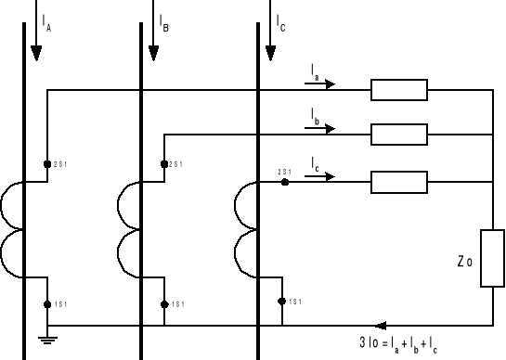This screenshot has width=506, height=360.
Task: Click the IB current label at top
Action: [162, 19]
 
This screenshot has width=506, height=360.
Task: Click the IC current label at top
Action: [279, 19]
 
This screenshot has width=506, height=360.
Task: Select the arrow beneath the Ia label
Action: [319, 84]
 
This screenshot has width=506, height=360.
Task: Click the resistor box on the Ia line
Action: [398, 90]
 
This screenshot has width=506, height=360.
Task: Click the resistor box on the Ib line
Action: [398, 135]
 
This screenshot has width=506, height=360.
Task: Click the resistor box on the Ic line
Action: [398, 181]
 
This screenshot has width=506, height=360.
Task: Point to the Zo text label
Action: [464, 263]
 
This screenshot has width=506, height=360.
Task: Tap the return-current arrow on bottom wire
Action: [381, 326]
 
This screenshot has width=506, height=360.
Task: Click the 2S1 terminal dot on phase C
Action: [284, 182]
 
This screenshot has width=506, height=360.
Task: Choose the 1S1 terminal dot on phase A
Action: [47, 303]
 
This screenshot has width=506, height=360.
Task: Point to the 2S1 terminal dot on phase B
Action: [164, 164]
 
